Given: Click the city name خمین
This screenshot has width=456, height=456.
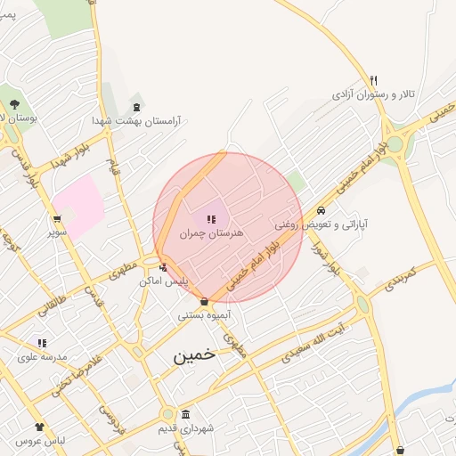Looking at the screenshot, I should click(x=194, y=354).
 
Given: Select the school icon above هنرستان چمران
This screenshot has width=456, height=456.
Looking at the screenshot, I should click(x=211, y=219).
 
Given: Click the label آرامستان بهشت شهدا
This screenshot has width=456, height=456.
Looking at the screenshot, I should click(x=136, y=120).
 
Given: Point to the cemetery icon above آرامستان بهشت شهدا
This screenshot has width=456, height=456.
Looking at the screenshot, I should click(x=135, y=105).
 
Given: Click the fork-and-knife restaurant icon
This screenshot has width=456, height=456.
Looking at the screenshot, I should click(x=374, y=79).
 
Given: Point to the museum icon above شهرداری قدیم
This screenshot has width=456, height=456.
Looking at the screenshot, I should click(x=185, y=415).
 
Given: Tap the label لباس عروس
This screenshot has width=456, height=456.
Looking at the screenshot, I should click(x=40, y=442).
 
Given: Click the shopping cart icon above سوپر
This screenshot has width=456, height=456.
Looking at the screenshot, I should click(x=58, y=218).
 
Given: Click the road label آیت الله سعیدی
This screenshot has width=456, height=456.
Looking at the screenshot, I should click(x=318, y=344).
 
